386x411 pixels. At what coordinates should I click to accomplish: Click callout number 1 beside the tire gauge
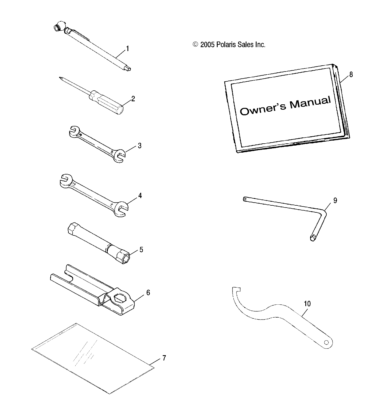[127, 49]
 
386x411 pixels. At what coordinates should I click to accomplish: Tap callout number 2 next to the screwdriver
[133, 99]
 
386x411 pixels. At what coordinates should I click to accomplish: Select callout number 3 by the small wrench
[140, 146]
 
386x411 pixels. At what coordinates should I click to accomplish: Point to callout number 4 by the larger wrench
[140, 196]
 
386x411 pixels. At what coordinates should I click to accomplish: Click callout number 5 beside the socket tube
[141, 250]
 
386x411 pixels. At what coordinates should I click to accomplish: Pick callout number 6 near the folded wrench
[148, 293]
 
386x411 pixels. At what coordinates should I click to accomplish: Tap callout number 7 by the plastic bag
[164, 358]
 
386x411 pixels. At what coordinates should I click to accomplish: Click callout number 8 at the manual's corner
[351, 75]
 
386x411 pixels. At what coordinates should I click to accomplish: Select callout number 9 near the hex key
[335, 200]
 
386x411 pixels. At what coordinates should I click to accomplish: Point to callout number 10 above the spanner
[307, 304]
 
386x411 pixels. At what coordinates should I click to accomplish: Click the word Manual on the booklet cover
[310, 103]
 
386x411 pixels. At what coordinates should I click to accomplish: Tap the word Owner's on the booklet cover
[263, 109]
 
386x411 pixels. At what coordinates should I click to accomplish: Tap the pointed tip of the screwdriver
[59, 78]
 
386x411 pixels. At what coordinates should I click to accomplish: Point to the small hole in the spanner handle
[326, 343]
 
